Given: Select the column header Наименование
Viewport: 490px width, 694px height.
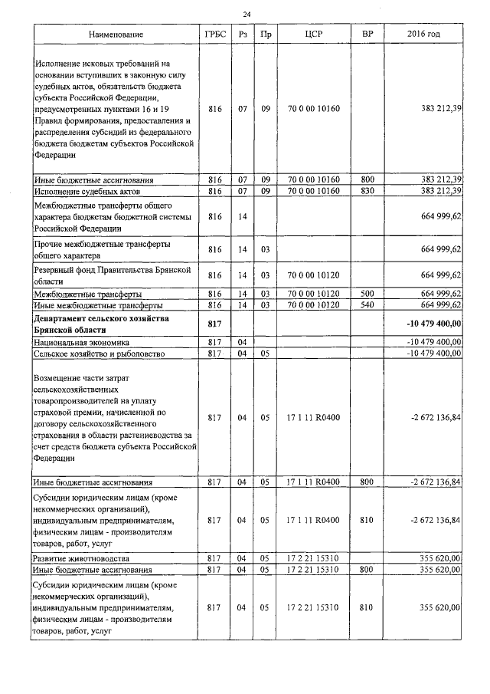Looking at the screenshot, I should pos(116,35).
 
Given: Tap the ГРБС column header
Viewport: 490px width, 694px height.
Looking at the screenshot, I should pos(214,35).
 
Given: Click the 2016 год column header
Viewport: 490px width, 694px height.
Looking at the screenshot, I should pos(423,35).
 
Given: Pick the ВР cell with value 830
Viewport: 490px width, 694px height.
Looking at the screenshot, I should pos(367,190).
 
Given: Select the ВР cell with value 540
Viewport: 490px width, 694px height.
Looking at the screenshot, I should pos(367,304).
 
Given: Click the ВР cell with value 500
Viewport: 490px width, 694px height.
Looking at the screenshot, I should pos(367,294).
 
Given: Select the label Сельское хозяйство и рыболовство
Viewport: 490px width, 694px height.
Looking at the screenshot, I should pos(95,354).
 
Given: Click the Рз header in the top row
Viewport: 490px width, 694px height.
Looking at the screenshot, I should pos(243,35).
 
